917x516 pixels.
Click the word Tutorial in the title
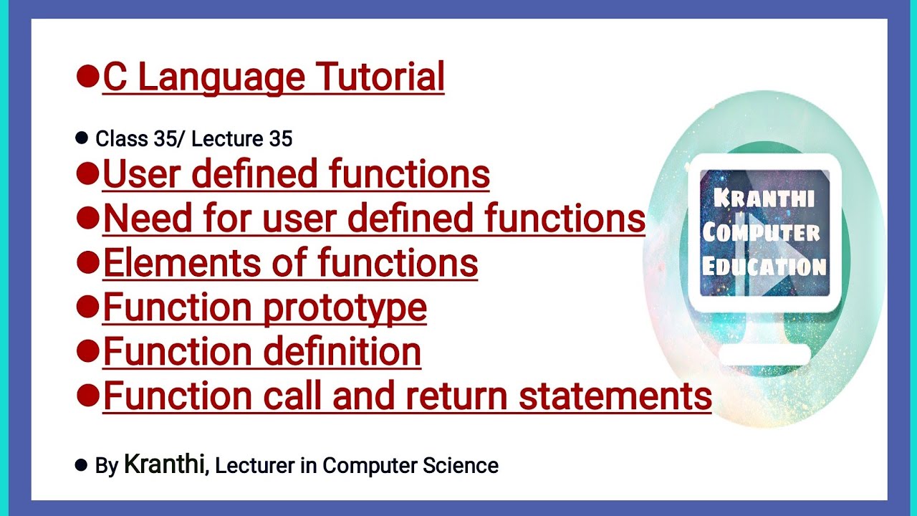(x=380, y=77)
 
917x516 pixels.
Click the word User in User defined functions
(x=138, y=174)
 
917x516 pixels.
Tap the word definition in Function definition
(x=342, y=352)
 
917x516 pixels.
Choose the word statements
(x=615, y=396)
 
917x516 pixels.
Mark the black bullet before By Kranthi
(x=81, y=465)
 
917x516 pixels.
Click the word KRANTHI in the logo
(x=764, y=199)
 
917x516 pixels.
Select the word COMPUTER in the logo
(x=761, y=232)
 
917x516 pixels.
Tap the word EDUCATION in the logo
(x=764, y=267)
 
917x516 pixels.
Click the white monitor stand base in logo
(x=764, y=355)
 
